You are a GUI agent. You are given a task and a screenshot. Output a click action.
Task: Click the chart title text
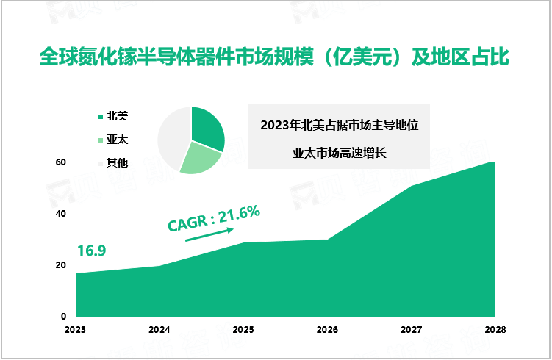[276, 57]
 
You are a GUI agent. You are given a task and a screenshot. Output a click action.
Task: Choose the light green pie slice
[197, 156]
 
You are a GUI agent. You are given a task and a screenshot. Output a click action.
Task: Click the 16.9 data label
[91, 251]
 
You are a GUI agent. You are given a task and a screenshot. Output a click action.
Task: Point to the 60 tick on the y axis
[62, 162]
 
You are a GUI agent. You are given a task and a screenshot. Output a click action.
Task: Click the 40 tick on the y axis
[62, 214]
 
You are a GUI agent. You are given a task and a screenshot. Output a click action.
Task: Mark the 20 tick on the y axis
[62, 265]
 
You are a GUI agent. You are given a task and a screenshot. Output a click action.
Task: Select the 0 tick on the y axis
[64, 317]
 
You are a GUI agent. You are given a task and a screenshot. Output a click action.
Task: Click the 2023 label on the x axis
[75, 330]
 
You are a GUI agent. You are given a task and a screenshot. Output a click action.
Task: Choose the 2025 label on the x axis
[243, 330]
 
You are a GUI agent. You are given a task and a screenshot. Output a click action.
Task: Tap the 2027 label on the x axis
[411, 330]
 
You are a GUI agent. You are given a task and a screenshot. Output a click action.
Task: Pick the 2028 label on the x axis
[495, 330]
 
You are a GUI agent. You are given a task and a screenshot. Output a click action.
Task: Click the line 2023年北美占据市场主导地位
[339, 125]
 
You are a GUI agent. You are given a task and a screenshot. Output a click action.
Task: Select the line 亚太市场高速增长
[339, 154]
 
